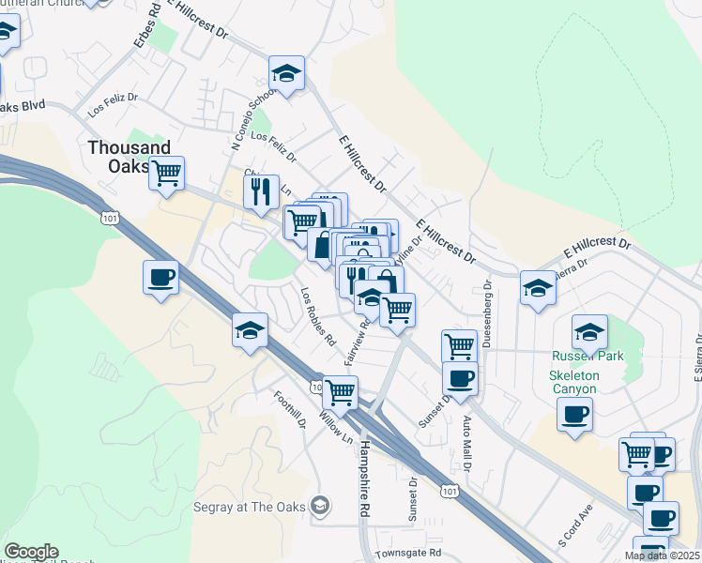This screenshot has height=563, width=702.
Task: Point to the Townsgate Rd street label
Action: tap(407, 554)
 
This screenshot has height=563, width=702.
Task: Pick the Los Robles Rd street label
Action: tap(318, 317)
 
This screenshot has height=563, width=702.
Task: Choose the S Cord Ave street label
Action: tap(575, 526)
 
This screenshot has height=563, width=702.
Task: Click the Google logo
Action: tap(31, 552)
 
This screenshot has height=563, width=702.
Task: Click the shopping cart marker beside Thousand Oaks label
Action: tap(167, 173)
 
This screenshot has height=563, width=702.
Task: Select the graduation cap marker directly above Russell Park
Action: tap(590, 331)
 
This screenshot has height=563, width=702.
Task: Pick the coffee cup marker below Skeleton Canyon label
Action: tap(574, 413)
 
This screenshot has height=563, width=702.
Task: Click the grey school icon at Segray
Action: tap(320, 506)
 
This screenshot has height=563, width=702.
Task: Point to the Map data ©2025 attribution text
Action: tap(662, 555)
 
